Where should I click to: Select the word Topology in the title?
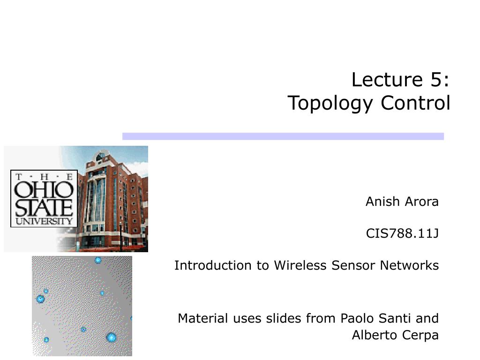(x=330, y=103)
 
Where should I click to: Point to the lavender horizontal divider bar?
(x=283, y=136)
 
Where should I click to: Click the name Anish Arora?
(x=402, y=202)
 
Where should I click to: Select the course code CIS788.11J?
(x=402, y=233)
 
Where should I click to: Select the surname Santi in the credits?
(x=394, y=319)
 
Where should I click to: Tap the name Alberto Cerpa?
(x=395, y=336)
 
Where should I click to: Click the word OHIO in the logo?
(x=44, y=190)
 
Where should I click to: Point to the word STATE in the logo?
(x=44, y=207)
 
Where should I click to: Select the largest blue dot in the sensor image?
(x=111, y=337)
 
